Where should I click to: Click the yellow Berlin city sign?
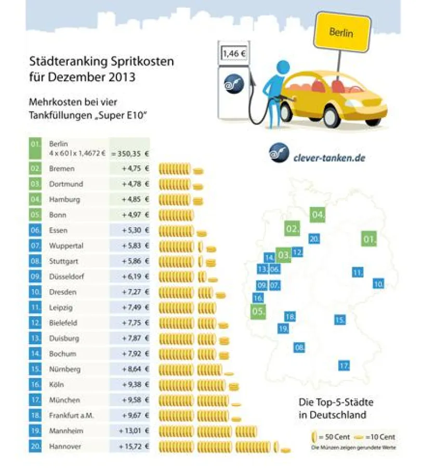[341, 32]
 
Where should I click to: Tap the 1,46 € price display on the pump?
[234, 53]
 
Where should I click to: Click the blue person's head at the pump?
[283, 68]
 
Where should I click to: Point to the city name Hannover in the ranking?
[65, 446]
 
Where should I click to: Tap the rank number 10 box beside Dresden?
[35, 292]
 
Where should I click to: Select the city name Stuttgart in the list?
[64, 261]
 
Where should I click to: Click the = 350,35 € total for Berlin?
[129, 153]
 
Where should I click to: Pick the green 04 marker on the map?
[318, 214]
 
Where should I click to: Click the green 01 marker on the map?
[369, 239]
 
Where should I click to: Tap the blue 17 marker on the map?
[344, 366]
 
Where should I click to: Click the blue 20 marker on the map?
[313, 239]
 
